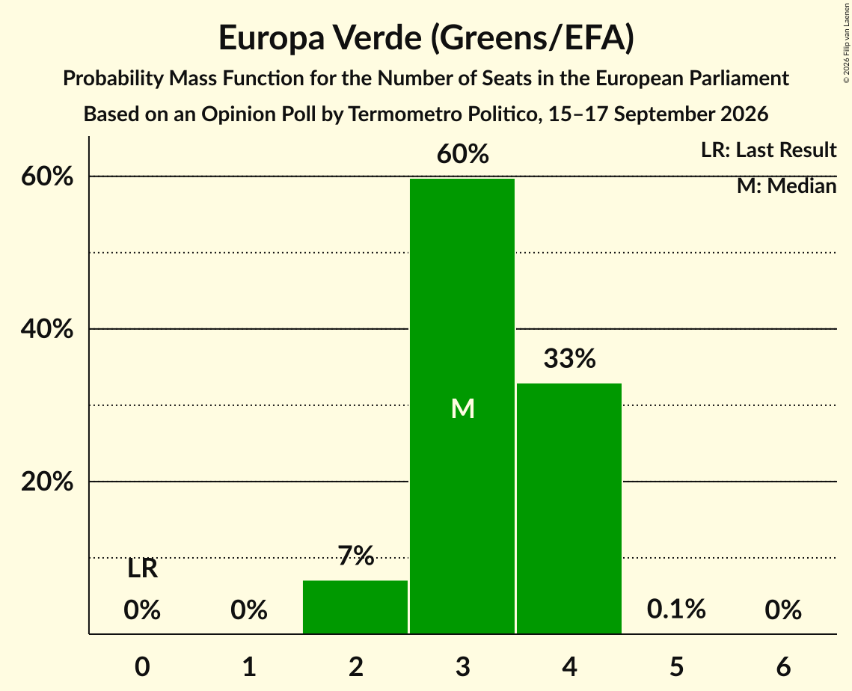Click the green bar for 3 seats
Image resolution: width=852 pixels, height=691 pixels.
(462, 406)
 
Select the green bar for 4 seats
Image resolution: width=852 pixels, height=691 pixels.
(569, 509)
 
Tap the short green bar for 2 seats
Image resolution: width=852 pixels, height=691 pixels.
(355, 606)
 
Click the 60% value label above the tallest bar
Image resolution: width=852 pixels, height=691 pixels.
(462, 154)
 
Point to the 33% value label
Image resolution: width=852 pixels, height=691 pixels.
(569, 358)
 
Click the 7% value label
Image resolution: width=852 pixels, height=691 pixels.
(356, 556)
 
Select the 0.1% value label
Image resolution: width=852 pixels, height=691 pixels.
(676, 609)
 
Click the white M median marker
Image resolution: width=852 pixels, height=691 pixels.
(463, 408)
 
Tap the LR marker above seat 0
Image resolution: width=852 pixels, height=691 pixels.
(142, 569)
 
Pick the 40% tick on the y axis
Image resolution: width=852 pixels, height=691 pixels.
(46, 329)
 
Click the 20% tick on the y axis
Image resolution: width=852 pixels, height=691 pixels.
(46, 482)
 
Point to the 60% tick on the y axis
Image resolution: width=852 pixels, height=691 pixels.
(46, 176)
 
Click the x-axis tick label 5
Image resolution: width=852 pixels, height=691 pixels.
(676, 667)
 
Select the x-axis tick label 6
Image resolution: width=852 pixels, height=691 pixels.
(783, 667)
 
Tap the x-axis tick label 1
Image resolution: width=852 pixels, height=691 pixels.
(249, 667)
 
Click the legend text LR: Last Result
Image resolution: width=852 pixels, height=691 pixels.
(768, 150)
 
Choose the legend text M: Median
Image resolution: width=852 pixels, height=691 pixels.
(786, 186)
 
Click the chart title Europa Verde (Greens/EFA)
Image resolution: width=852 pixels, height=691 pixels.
(426, 38)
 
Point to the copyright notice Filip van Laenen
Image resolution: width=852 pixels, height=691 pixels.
(847, 43)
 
